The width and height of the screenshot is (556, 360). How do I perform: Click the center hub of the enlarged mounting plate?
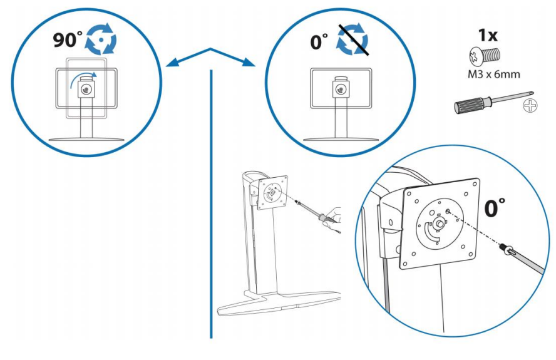pyautogui.click(x=440, y=222)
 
